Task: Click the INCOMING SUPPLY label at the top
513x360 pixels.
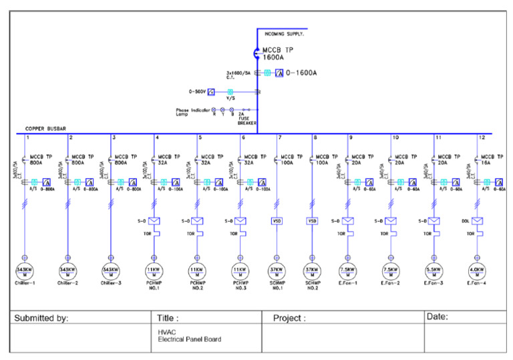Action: coord(285,33)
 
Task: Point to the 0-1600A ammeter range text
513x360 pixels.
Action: coord(301,72)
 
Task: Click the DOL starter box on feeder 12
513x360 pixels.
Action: coord(478,221)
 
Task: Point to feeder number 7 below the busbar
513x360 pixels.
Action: coord(279,138)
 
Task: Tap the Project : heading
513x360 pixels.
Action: coord(289,319)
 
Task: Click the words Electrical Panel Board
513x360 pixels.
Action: coord(189,339)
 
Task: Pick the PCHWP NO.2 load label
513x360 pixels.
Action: coord(197,286)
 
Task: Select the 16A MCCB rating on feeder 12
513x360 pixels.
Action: coord(488,162)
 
